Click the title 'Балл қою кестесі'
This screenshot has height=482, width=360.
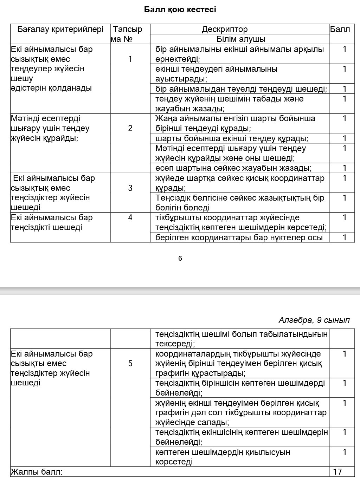tap(180, 9)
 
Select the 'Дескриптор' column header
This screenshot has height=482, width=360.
tap(225, 29)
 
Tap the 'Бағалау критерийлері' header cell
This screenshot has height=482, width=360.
tap(60, 29)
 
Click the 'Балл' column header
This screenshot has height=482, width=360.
tap(340, 29)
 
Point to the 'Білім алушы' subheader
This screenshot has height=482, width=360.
tap(241, 39)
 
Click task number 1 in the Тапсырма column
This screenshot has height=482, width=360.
tap(130, 59)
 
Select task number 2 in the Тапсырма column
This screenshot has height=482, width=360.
tap(130, 128)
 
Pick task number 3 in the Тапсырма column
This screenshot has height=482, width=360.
tap(130, 188)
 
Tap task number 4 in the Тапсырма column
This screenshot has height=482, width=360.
tap(130, 217)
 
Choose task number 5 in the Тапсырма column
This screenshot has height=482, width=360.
tap(130, 363)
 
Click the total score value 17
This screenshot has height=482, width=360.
tap(337, 472)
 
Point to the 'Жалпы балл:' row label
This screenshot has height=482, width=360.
tap(37, 472)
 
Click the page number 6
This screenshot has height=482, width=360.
tap(180, 259)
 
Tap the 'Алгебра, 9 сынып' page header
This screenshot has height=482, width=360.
tap(314, 320)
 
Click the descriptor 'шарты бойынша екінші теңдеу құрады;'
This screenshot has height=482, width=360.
tap(232, 138)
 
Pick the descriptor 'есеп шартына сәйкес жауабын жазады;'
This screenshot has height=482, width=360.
tap(233, 168)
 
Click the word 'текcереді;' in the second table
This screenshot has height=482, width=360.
tap(175, 344)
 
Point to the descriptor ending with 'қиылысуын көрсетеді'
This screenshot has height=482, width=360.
tap(223, 457)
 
